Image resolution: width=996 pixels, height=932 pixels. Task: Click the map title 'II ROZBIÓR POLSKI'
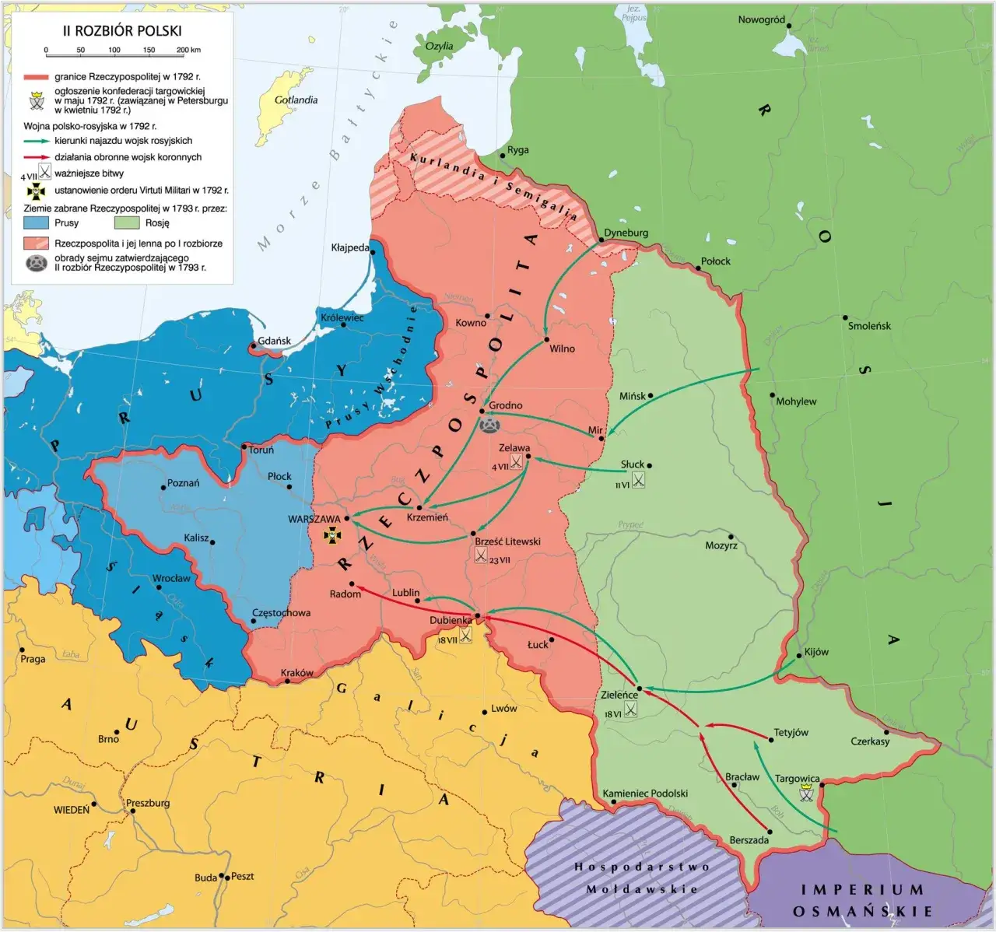[122, 31]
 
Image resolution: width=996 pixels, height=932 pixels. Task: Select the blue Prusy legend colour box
[37, 223]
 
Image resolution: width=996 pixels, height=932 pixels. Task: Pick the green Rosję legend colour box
[127, 223]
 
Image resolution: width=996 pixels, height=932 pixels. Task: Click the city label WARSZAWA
[314, 519]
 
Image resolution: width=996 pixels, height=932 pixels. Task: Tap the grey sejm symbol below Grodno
[489, 424]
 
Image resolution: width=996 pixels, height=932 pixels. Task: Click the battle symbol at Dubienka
[465, 636]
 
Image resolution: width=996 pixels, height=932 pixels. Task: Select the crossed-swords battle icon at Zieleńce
[630, 709]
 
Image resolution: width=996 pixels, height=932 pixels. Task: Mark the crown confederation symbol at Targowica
[807, 793]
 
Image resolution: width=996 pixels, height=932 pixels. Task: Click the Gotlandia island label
[296, 100]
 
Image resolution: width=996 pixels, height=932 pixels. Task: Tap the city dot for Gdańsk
[253, 346]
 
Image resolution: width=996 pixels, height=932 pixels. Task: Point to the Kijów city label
[816, 652]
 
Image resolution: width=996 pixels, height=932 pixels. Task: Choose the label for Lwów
[503, 708]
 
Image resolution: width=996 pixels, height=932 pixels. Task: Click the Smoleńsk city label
[869, 326]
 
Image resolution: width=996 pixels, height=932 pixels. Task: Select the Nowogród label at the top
[761, 19]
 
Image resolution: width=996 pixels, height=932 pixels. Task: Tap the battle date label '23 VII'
[500, 560]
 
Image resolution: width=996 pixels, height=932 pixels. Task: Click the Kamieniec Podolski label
[645, 793]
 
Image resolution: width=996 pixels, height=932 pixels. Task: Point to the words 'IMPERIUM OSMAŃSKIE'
[861, 900]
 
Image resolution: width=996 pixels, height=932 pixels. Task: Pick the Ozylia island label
[439, 46]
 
